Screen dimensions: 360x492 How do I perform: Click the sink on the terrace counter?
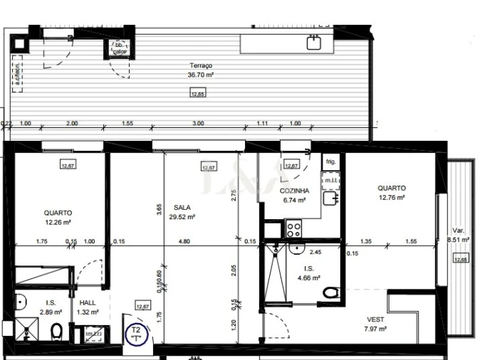click(314, 43)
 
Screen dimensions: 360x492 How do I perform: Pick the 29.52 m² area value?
click(182, 218)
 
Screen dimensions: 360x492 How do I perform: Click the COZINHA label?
click(294, 191)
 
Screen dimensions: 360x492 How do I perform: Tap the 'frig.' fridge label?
click(330, 162)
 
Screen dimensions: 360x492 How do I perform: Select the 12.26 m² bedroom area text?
click(57, 222)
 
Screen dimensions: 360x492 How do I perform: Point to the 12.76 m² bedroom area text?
click(391, 198)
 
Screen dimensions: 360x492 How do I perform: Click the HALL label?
click(88, 302)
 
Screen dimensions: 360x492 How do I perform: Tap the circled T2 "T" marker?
click(135, 334)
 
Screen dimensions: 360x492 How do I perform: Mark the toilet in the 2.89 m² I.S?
click(57, 332)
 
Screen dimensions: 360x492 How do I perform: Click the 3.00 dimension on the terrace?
click(198, 123)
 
